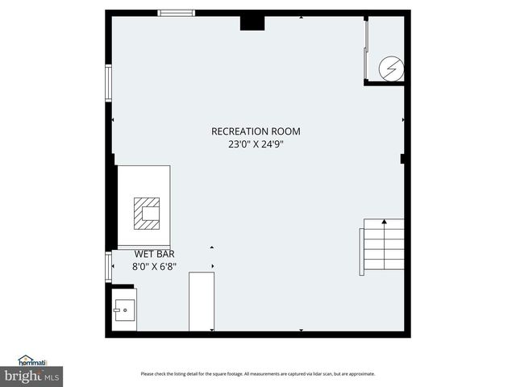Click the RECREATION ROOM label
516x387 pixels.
[x=256, y=131]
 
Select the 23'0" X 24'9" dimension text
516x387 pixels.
[x=256, y=145]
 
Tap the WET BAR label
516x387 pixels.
[x=154, y=253]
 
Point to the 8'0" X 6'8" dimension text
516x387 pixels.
[x=154, y=265]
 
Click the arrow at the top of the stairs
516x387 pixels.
[x=384, y=220]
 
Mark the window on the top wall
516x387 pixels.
[x=176, y=13]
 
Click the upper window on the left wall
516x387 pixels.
[x=108, y=84]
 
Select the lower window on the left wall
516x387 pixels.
[x=108, y=266]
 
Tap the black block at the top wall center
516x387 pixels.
[x=252, y=22]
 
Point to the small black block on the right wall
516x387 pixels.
[x=402, y=159]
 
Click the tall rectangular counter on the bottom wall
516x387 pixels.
[x=202, y=302]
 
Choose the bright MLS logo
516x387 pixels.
[x=32, y=377]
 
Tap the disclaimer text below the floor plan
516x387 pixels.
[x=258, y=373]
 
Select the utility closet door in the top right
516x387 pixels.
[x=367, y=48]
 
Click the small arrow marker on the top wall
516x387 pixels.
[x=302, y=16]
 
